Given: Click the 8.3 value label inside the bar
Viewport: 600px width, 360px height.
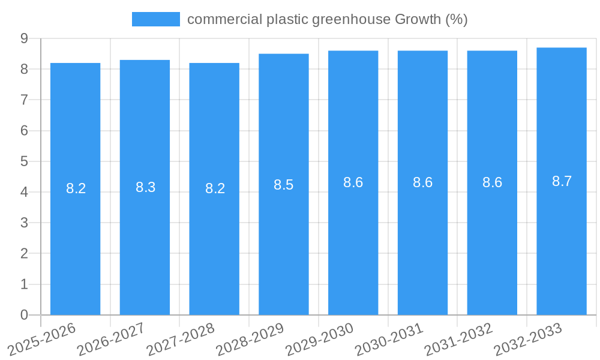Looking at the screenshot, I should point(145,187).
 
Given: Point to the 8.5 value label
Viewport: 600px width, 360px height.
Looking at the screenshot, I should point(284,185).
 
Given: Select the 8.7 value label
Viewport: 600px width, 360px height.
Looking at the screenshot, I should point(562,181).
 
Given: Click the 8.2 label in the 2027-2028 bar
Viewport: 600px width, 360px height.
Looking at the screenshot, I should point(215,188).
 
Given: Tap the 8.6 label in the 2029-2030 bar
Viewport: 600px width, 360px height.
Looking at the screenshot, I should point(353,182).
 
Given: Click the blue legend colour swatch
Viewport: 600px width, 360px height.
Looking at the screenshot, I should point(156,19).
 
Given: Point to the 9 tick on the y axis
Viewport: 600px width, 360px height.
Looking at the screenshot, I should point(24,38).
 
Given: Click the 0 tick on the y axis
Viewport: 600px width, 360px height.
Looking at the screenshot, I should point(24,315).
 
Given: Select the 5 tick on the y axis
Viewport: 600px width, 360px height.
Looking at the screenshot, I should point(24,161).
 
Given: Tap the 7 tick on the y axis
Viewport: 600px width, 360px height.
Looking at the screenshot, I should point(24,100).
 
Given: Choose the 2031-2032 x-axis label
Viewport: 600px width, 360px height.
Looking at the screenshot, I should point(459,339).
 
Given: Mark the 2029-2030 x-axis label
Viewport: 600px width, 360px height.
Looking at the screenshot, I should point(320,339).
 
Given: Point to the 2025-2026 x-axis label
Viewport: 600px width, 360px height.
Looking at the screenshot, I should point(42,339).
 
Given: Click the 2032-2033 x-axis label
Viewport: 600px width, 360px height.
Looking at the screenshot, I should point(528,339).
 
